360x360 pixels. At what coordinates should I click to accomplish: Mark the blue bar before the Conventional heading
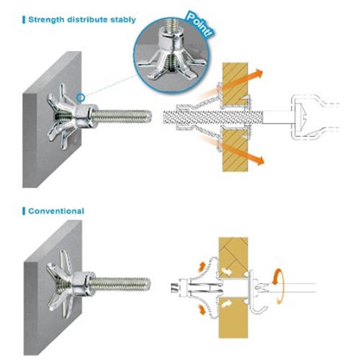[22, 211]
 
